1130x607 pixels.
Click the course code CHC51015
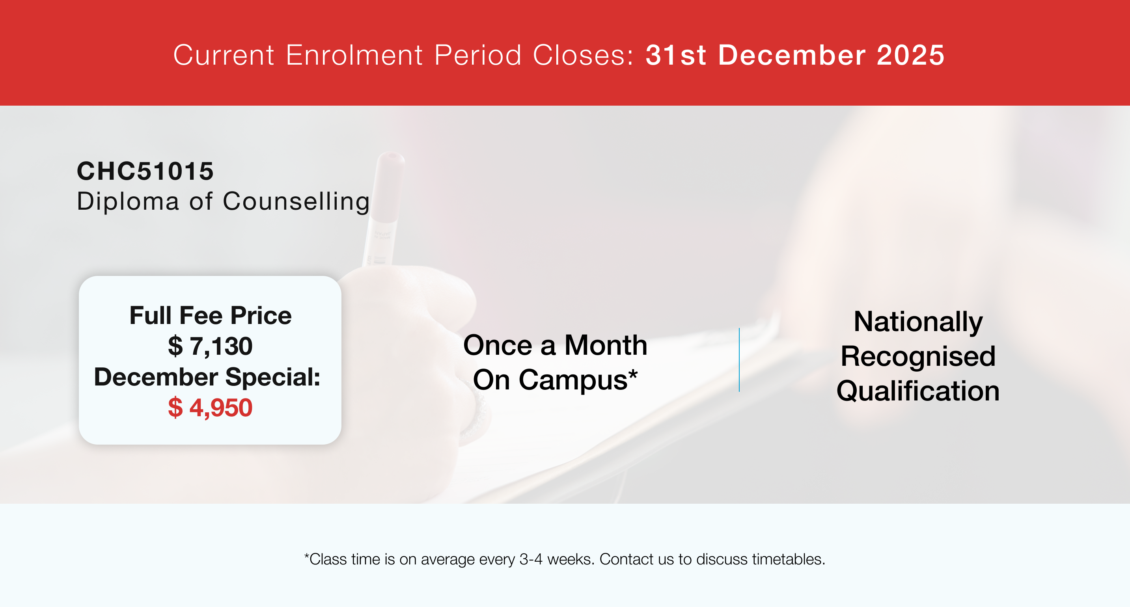click(145, 171)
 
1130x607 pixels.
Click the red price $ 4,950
click(210, 408)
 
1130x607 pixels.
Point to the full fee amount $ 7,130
click(210, 346)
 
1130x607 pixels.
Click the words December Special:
click(207, 377)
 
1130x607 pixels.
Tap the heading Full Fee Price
click(211, 316)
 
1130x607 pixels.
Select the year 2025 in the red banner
click(911, 55)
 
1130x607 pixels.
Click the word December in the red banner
click(792, 55)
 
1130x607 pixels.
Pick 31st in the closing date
click(676, 55)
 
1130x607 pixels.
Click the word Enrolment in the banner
click(354, 55)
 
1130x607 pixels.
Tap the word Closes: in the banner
click(584, 55)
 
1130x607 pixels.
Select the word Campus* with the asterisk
click(578, 380)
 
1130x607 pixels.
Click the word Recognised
click(918, 356)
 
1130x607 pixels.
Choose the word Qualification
click(918, 391)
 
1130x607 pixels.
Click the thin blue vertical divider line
click(739, 359)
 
